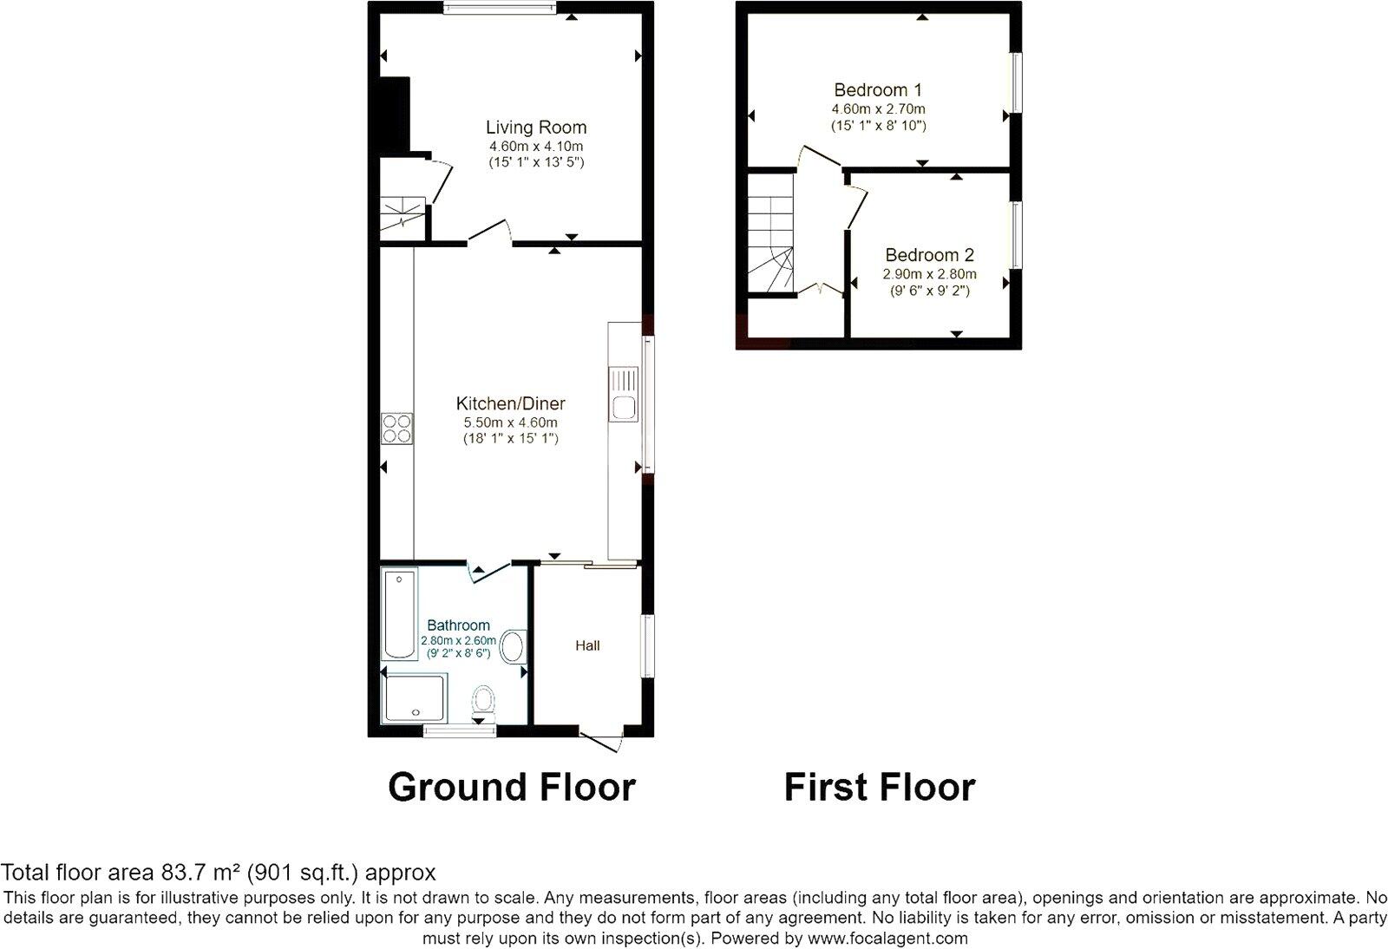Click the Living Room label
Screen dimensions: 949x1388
click(535, 128)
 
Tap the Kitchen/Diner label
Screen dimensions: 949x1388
click(510, 403)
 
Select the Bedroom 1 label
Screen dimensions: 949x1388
click(877, 90)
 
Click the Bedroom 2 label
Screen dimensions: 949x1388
click(929, 255)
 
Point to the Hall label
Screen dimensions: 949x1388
click(587, 645)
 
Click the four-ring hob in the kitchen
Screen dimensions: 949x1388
click(397, 429)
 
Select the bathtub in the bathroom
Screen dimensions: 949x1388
click(400, 613)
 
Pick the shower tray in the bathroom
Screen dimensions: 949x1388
click(415, 698)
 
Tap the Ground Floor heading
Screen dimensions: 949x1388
click(511, 787)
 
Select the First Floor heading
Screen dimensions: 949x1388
click(879, 787)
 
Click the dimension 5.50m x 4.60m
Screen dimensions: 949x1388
click(510, 422)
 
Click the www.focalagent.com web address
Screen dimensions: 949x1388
click(887, 938)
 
